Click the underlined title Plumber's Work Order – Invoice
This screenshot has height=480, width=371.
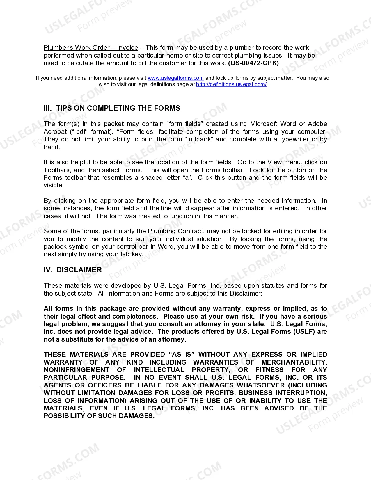91,48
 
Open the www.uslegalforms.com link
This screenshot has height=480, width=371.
175,78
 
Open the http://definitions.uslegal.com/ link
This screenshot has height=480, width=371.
231,84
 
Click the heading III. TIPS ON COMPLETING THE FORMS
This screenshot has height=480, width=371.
112,108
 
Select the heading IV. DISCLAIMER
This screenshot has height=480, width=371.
73,270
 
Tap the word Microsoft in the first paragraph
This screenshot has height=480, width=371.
264,124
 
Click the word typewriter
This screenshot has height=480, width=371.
294,139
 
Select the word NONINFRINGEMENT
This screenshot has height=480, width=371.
77,370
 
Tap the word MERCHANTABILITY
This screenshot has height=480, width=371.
294,362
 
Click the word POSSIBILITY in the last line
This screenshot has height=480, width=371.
64,416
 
